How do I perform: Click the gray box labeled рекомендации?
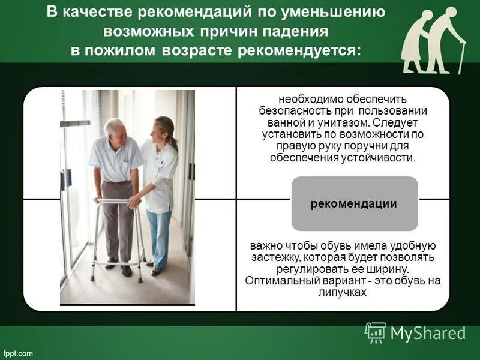click(354, 203)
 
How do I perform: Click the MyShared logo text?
click(428, 333)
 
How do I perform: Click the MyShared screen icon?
click(376, 332)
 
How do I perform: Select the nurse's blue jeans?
click(160, 237)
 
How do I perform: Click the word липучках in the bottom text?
click(343, 292)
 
